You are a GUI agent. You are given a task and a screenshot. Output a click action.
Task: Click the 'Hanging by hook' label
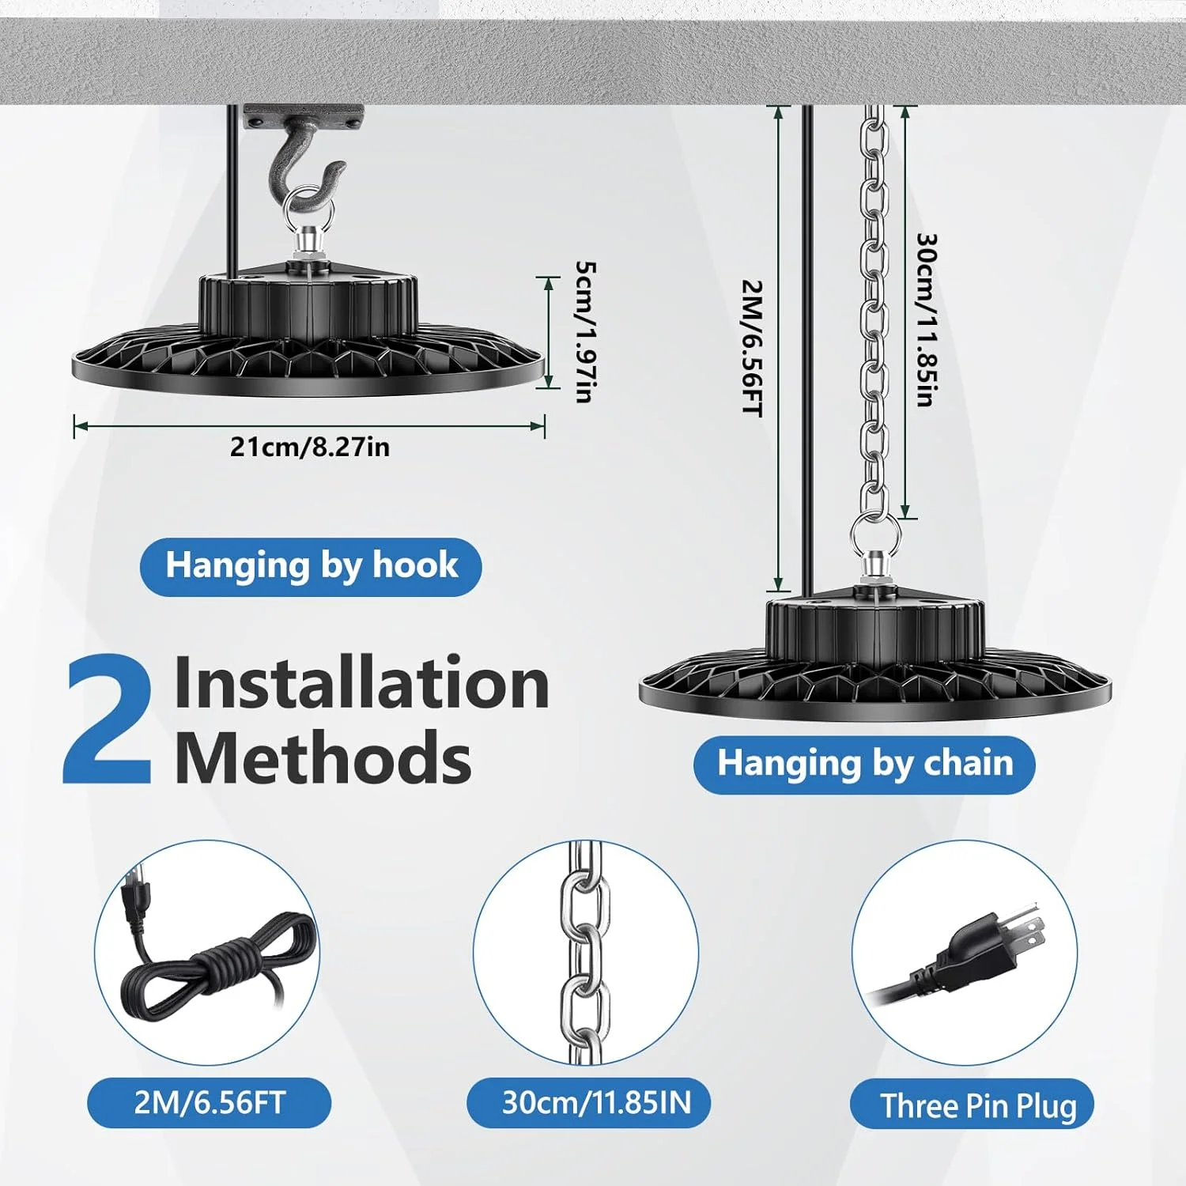[311, 566]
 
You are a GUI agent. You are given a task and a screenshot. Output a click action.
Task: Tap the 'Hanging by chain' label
[864, 764]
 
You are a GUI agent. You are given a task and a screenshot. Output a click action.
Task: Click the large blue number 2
[108, 721]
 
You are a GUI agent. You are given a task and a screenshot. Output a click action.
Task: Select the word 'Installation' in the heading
[361, 683]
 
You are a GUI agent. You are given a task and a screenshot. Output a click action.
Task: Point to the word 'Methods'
[323, 757]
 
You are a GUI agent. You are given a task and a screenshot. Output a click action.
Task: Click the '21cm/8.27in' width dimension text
[310, 448]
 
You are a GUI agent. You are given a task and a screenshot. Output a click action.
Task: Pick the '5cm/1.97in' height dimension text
[584, 332]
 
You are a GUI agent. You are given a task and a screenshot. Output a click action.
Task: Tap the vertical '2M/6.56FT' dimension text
[751, 348]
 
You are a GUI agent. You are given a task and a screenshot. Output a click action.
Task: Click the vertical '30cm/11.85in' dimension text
[926, 319]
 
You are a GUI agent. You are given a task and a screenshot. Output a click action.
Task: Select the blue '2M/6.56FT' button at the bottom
[209, 1102]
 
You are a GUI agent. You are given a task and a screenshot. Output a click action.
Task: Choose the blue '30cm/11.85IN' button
[588, 1102]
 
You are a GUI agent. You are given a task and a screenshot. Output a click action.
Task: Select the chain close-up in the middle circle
[586, 953]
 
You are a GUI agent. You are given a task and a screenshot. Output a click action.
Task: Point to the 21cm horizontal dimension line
[309, 426]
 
